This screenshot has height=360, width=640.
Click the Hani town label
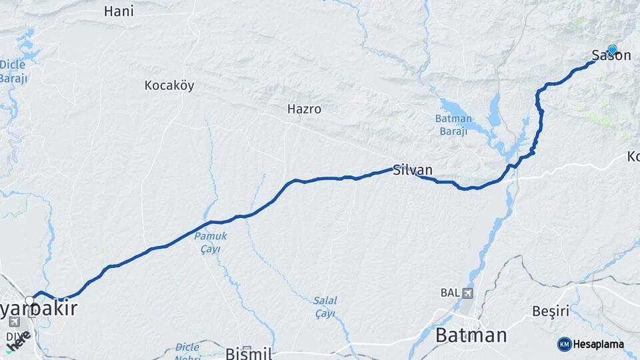click(x=119, y=11)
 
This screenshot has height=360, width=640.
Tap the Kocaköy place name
click(x=169, y=85)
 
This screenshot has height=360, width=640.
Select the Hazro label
click(x=304, y=109)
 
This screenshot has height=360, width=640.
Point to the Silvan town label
click(x=413, y=170)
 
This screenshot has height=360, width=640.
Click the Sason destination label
click(x=611, y=56)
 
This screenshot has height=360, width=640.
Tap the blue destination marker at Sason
click(x=612, y=49)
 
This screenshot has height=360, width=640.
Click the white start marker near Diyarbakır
click(x=30, y=300)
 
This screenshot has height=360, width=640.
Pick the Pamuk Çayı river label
click(x=211, y=243)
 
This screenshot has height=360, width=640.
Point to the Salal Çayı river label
click(x=325, y=307)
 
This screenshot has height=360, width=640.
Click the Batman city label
click(x=471, y=335)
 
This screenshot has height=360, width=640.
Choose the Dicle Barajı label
click(x=13, y=71)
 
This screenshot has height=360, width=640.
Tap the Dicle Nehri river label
click(x=187, y=351)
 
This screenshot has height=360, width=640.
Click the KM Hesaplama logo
click(x=591, y=344)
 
